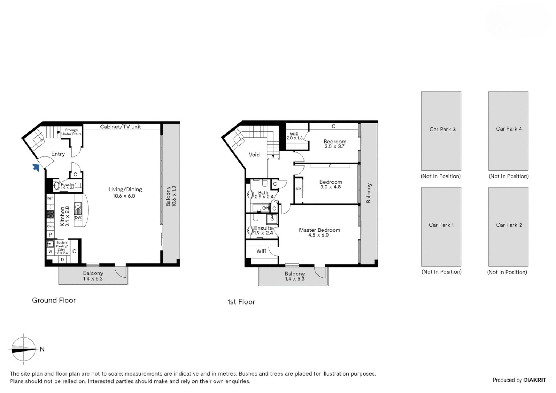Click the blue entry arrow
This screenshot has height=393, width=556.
(x=36, y=167)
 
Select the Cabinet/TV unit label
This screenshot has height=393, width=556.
(x=120, y=127)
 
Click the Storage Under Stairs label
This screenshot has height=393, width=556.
(x=71, y=132)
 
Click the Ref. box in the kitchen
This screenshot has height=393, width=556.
(x=50, y=199)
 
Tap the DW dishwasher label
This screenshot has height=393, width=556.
(x=78, y=218)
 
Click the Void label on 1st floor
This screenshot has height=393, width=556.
(x=254, y=155)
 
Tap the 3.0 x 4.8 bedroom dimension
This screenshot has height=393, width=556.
(x=330, y=187)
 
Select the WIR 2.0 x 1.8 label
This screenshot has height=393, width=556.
(x=294, y=136)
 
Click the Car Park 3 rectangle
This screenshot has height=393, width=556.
(x=441, y=131)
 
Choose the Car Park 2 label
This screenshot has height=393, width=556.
(x=509, y=225)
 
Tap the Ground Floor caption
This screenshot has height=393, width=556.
(x=54, y=301)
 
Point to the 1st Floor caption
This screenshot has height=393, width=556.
(x=241, y=302)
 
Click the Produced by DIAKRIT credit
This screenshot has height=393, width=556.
(x=519, y=380)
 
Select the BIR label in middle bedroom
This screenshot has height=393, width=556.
(x=298, y=189)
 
